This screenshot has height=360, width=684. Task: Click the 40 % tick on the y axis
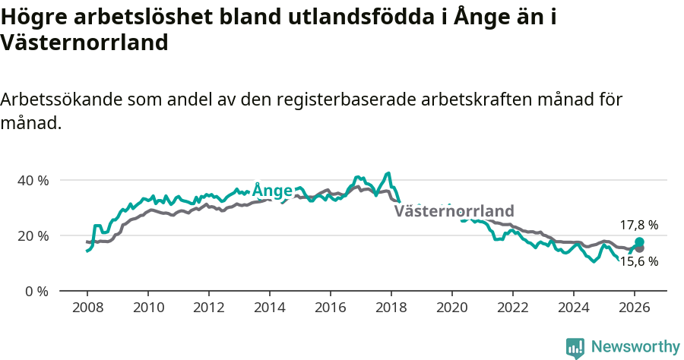tap(33, 181)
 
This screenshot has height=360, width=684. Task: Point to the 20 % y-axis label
tap(33, 236)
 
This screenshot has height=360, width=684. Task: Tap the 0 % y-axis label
tap(37, 292)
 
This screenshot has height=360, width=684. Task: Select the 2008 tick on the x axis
tap(87, 308)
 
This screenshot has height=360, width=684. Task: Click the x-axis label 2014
tap(269, 308)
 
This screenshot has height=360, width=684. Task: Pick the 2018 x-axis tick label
tap(391, 308)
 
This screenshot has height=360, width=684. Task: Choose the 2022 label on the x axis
tap(512, 308)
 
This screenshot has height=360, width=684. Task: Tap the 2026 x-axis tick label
tap(634, 308)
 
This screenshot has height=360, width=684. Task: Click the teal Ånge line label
tap(272, 190)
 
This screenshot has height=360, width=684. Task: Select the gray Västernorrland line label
tap(454, 211)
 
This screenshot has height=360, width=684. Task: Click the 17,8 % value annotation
tap(638, 225)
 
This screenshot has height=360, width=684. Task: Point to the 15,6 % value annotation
tap(638, 261)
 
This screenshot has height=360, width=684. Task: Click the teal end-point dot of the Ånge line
tap(639, 242)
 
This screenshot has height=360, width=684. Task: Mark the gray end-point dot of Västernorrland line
tap(639, 248)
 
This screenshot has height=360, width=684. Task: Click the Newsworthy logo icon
tap(575, 347)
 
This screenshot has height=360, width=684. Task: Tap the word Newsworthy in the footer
tap(635, 347)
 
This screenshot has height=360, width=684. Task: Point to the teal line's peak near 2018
tap(388, 173)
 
